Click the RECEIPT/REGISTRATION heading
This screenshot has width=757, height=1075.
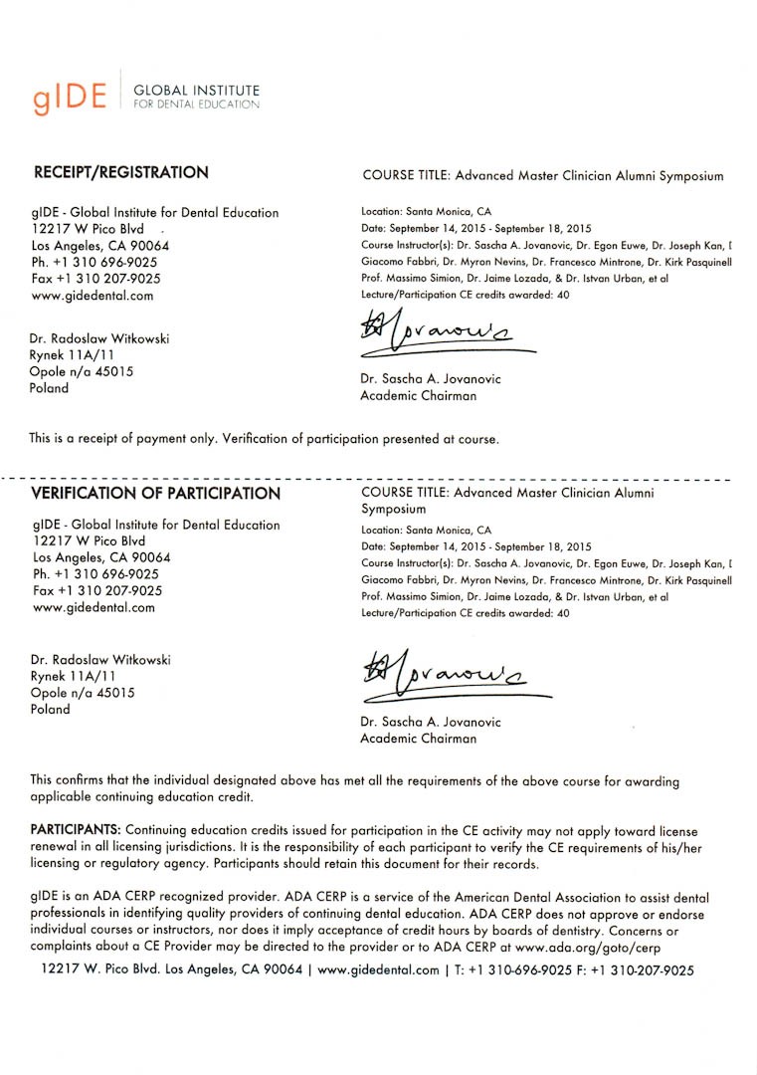120,172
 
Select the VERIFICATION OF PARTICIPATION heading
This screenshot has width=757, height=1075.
155,493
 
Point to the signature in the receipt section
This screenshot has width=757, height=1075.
438,334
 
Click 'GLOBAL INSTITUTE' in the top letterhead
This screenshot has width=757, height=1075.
196,90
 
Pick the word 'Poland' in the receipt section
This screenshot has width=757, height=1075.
50,388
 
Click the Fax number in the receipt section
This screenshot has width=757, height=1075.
96,279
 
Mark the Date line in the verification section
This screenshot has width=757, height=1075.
475,546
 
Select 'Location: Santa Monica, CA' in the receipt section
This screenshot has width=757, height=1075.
426,212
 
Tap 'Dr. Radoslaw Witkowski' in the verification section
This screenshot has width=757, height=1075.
100,660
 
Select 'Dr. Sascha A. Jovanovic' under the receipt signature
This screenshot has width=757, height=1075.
430,379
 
